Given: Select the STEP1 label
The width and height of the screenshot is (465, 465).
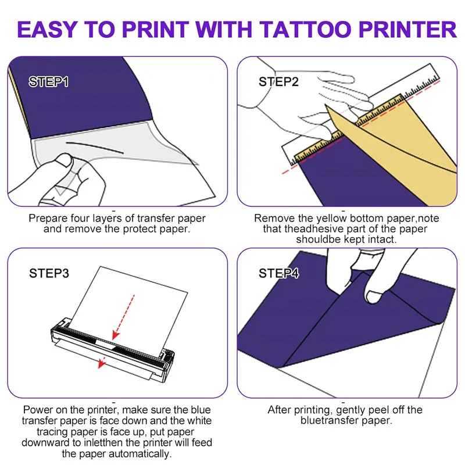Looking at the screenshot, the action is (49, 82).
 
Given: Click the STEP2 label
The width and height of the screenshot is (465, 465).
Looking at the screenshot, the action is (278, 82).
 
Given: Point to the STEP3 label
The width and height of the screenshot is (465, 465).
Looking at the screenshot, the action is (49, 273).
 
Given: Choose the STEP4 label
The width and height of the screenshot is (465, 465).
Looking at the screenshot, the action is (279, 273).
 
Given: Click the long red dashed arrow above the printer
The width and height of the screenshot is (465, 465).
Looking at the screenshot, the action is (124, 317).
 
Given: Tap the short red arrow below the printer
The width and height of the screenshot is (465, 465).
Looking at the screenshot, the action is (102, 362).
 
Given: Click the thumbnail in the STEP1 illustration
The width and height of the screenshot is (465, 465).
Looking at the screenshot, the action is (65, 160).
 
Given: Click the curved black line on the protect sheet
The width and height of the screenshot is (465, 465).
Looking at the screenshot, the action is (94, 146).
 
